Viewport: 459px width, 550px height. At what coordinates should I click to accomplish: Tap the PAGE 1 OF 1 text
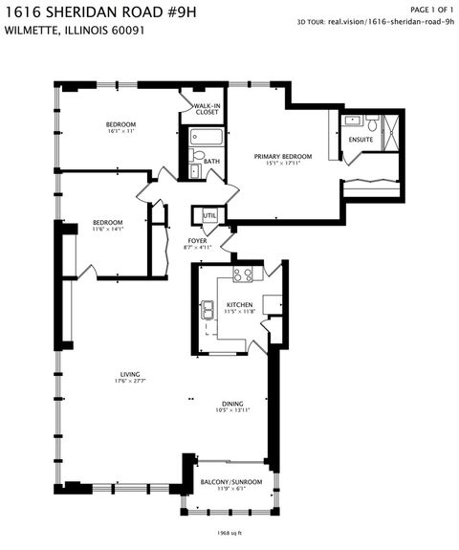coord(431,9)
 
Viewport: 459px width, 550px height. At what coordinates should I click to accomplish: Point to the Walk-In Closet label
coord(207,109)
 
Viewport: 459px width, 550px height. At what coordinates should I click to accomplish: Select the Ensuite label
coord(361,140)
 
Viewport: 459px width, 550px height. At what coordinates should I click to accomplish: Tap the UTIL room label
coord(208,216)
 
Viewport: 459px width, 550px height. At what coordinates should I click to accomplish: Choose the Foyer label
coord(197,241)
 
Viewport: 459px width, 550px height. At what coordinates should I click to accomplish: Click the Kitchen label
coord(238,305)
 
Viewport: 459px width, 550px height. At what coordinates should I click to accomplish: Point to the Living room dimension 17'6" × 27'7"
coord(121,382)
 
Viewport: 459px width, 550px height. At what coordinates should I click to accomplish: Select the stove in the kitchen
coord(246,275)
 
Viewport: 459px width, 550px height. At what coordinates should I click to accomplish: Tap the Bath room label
coord(212,163)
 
